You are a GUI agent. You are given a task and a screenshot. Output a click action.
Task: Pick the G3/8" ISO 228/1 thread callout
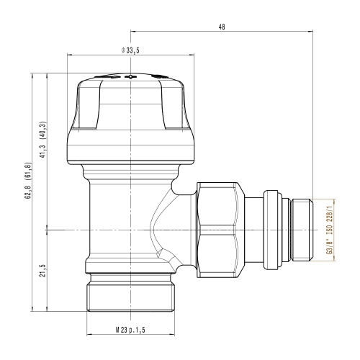(330, 231)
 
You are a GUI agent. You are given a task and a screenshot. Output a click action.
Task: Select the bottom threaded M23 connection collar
(130, 295)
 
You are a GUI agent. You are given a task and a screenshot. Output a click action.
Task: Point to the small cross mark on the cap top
(130, 77)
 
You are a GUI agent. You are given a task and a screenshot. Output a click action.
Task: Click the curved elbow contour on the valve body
(162, 230)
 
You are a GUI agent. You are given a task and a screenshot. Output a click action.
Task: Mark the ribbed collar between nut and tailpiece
(272, 229)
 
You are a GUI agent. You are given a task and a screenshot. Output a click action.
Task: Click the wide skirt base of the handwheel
(130, 148)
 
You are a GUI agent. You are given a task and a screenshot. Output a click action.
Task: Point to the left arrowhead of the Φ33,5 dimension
(68, 55)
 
